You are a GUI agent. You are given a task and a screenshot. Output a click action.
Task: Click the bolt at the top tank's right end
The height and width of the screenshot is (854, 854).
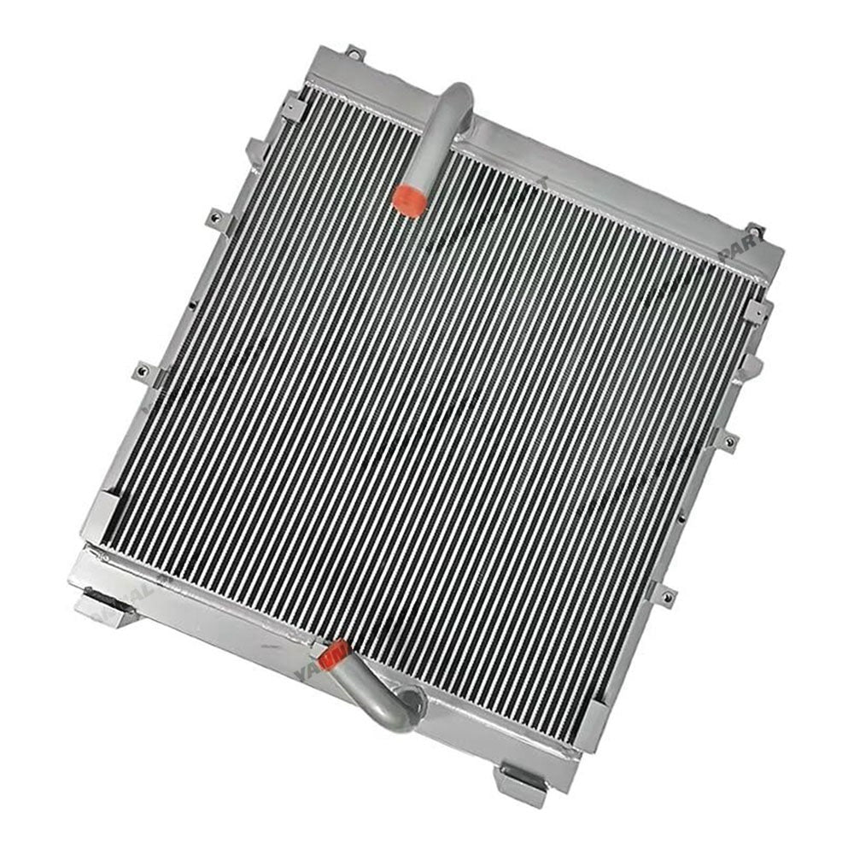[754, 230]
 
